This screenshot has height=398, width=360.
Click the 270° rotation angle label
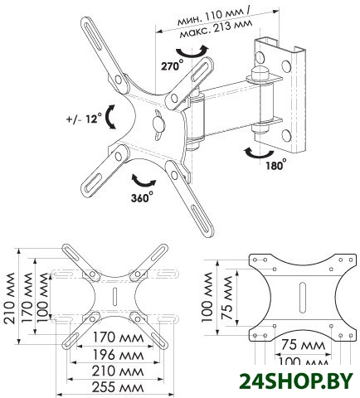(x=172, y=66)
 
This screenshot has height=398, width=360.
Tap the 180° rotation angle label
(x=276, y=164)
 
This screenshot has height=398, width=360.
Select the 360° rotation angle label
(x=142, y=197)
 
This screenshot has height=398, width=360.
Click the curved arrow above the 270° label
(x=192, y=51)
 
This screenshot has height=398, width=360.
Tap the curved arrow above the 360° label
(x=144, y=181)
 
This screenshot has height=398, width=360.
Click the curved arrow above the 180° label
(x=258, y=153)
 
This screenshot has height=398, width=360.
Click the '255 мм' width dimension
(x=118, y=387)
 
